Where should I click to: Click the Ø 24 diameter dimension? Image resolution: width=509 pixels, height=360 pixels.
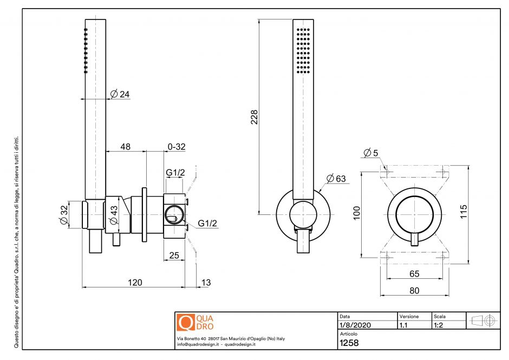(x=120, y=94)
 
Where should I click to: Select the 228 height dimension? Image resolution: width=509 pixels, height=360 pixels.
(x=254, y=117)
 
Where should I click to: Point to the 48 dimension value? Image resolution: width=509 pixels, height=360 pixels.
(x=125, y=147)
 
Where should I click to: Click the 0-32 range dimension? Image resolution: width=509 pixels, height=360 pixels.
(x=177, y=147)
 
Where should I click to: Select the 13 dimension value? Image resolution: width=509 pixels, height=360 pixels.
(x=206, y=282)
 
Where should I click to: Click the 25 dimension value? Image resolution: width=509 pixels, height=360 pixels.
(x=174, y=255)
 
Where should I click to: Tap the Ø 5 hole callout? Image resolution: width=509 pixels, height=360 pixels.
(x=371, y=153)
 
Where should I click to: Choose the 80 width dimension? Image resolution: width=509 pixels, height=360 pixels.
(x=414, y=291)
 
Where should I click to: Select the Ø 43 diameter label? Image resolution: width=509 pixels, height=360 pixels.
(x=114, y=215)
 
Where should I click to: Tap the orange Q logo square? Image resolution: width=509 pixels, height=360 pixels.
(x=185, y=322)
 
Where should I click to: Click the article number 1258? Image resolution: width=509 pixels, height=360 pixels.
(x=349, y=343)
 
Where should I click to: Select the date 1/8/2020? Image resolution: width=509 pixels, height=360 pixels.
(x=355, y=325)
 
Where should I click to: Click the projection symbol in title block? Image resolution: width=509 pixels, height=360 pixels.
(x=484, y=320)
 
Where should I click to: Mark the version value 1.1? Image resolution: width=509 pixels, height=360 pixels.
(x=403, y=325)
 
